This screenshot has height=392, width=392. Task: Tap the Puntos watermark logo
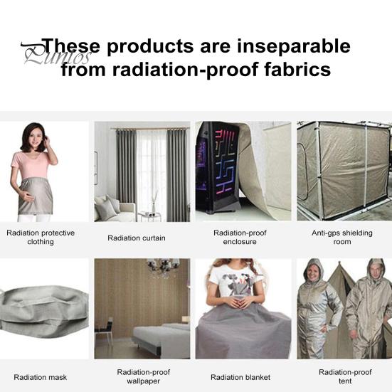[46, 54]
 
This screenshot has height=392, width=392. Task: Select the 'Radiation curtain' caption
[137, 238]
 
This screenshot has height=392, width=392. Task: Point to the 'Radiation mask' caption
[41, 377]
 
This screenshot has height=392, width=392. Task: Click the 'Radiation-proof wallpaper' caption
[144, 376]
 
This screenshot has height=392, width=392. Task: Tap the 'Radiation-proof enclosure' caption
[240, 237]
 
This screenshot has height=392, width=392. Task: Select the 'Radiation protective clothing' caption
[41, 237]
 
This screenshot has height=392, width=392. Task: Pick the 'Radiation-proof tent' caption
[345, 376]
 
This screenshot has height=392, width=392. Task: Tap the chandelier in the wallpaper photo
[163, 267]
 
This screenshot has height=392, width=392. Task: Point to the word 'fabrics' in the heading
[293, 70]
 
